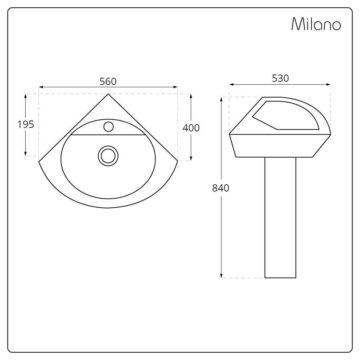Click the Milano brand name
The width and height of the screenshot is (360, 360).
click(316, 24)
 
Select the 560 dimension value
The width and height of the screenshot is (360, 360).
click(108, 82)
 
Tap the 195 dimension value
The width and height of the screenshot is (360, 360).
click(26, 124)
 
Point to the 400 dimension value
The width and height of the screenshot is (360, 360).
click(191, 128)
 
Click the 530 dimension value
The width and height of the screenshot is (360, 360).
click(280, 78)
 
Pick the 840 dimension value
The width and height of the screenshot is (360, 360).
click(221, 188)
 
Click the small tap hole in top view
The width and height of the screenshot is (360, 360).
click(108, 127)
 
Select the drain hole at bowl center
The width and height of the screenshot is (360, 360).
click(108, 156)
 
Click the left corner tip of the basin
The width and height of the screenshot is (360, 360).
click(39, 161)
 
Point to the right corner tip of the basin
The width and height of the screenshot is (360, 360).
click(177, 161)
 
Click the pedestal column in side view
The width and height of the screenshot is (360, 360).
click(280, 216)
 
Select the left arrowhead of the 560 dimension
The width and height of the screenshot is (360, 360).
click(41, 87)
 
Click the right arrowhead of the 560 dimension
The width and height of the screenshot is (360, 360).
click(176, 87)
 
